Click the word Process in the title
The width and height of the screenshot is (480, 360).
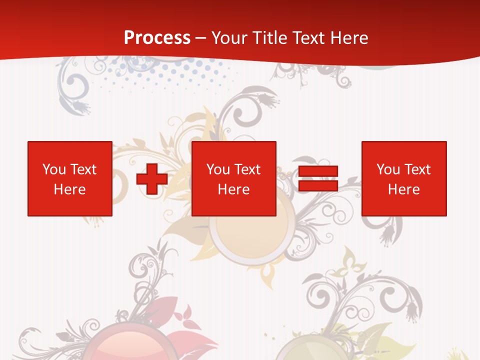157,38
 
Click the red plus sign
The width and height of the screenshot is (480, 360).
152,178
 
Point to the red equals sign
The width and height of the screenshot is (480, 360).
318,178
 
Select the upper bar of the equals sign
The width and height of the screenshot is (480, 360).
318,171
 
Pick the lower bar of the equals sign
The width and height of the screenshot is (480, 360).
318,186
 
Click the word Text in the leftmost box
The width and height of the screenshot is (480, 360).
83,169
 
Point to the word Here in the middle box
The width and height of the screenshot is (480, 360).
234,189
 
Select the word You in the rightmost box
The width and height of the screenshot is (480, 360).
388,169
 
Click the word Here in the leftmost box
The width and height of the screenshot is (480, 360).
70,189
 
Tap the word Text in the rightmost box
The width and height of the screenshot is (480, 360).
417,169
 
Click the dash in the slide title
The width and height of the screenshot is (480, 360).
201,38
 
